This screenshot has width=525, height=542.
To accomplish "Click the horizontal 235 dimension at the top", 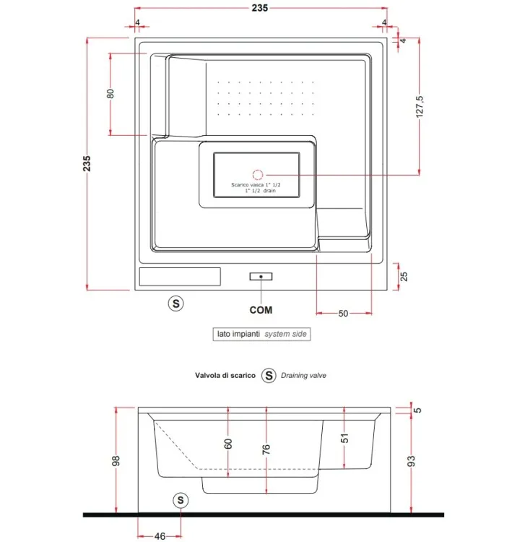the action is [x=260, y=8].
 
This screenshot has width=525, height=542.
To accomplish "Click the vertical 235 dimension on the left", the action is [x=87, y=163].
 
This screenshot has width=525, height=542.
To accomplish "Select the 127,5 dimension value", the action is [x=420, y=107].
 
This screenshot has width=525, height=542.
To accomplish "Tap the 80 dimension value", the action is [x=110, y=94].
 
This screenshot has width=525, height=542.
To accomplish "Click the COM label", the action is [x=261, y=310].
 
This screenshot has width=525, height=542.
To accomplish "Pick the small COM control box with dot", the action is [x=261, y=277].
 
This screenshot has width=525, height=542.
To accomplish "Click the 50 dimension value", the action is [x=343, y=314].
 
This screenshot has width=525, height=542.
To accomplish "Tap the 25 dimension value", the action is [x=404, y=276].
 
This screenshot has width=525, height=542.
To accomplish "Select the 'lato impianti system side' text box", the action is [x=261, y=335].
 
